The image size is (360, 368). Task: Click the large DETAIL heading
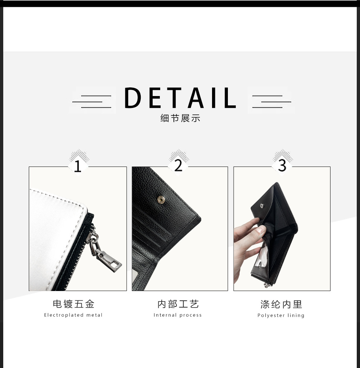click(x=180, y=97)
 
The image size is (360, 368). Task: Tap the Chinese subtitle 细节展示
click(x=180, y=118)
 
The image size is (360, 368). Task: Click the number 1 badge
click(x=78, y=166)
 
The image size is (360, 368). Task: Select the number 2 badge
click(x=179, y=166)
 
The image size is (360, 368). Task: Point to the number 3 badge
click(x=282, y=166)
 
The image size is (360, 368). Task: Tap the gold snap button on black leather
click(x=161, y=200)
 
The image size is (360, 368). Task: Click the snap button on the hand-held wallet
click(x=262, y=206)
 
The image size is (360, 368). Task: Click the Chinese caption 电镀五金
click(x=73, y=304)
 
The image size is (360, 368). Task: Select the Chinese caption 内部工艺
click(x=178, y=304)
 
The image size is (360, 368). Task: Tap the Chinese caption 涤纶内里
click(x=281, y=304)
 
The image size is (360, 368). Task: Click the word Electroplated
click(x=64, y=315)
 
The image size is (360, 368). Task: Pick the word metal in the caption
click(x=94, y=315)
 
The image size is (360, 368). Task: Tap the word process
click(x=191, y=315)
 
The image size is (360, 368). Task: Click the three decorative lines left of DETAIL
click(x=92, y=101)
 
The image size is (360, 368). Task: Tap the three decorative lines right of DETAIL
click(x=272, y=101)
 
